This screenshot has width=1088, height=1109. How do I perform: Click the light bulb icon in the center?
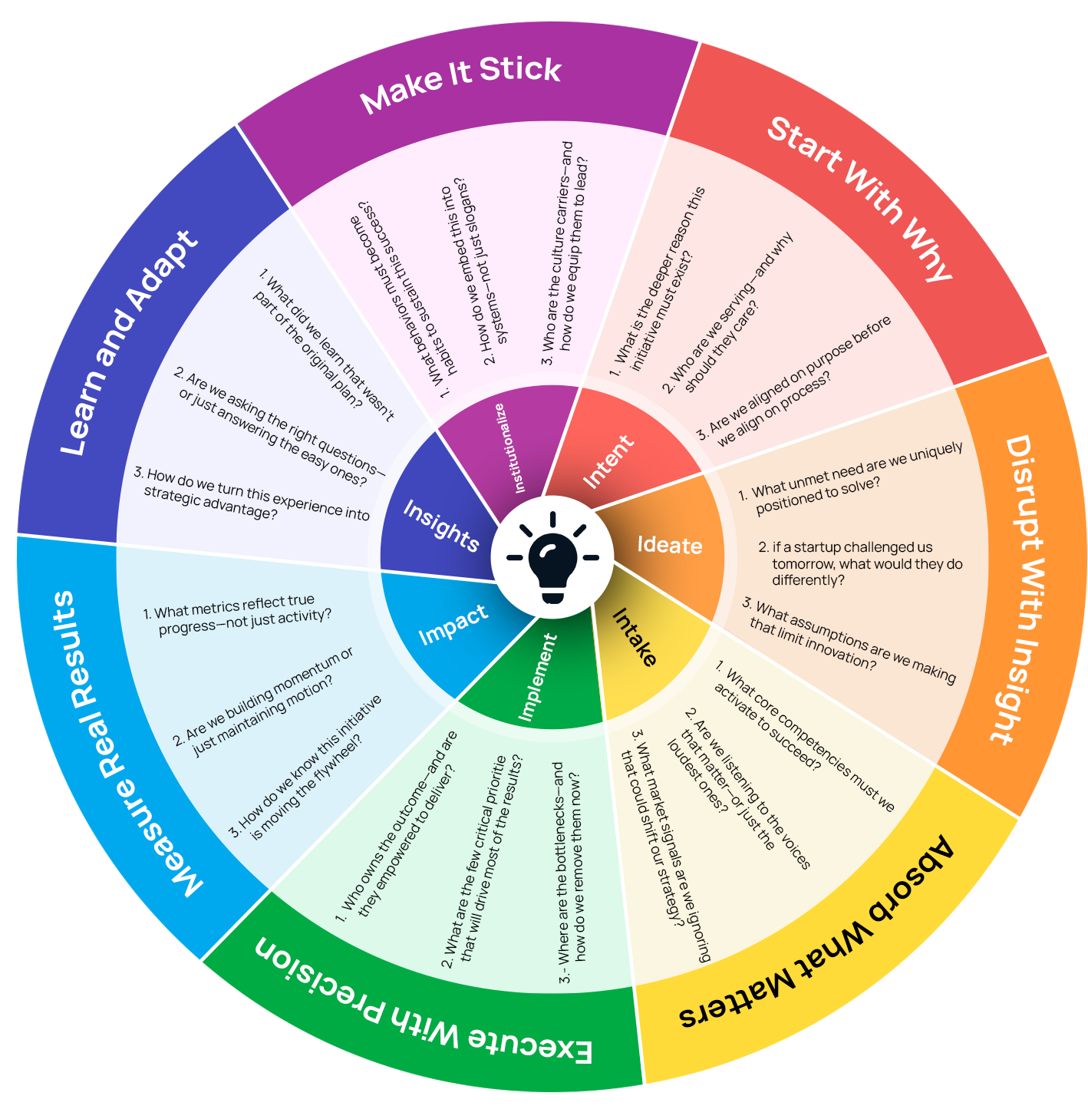click(552, 556)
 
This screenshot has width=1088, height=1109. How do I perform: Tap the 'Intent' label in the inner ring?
click(608, 461)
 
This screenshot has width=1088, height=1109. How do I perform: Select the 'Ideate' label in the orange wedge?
click(670, 545)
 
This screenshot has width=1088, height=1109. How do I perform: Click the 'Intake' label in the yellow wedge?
click(635, 637)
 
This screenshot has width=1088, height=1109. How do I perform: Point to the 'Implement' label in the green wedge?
click(538, 678)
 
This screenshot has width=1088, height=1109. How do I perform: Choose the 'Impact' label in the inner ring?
click(453, 624)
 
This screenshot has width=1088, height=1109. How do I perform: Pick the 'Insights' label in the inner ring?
click(441, 525)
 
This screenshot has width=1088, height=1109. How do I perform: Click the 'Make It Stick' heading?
click(461, 85)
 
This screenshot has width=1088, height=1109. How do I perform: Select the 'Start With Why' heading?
click(860, 199)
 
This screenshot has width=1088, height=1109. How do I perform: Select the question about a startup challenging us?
click(859, 563)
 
